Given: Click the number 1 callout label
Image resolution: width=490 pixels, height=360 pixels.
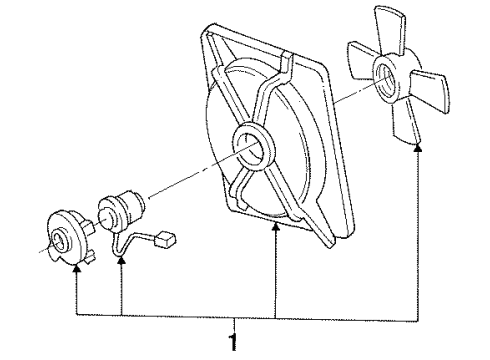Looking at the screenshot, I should (235, 343).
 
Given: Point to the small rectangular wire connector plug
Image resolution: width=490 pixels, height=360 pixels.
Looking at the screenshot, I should (168, 239).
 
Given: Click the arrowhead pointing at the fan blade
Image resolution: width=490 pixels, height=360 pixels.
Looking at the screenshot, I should (419, 147).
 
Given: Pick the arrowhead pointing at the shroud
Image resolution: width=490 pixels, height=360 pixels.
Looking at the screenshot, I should (275, 229).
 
